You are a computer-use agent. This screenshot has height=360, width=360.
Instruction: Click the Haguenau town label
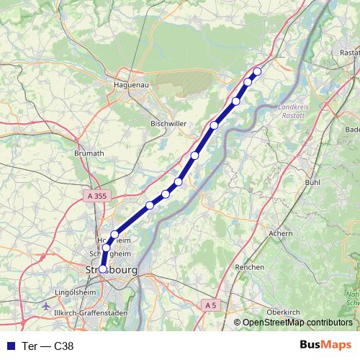coord(131,84)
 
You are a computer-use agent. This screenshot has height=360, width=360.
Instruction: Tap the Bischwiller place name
coord(168,124)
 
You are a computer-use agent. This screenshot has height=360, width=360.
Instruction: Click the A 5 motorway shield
coord(210,305)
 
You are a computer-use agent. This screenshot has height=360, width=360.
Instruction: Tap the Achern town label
coord(280,233)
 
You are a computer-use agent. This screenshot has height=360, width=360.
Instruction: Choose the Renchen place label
coord(250,266)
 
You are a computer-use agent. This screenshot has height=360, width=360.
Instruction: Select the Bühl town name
coord(312,183)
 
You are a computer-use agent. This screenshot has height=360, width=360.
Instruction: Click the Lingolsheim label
coord(76,293)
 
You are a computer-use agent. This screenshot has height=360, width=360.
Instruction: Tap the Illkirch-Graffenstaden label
coord(96,313)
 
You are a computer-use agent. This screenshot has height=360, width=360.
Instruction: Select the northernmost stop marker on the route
coord(257,71)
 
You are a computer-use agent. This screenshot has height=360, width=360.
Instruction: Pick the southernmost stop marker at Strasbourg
coord(103,269)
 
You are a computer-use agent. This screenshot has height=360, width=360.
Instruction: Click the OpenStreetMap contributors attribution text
coord(297,323)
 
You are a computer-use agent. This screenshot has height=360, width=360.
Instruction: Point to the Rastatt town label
coord(349,53)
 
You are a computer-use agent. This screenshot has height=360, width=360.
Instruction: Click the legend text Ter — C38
coord(48,345)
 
